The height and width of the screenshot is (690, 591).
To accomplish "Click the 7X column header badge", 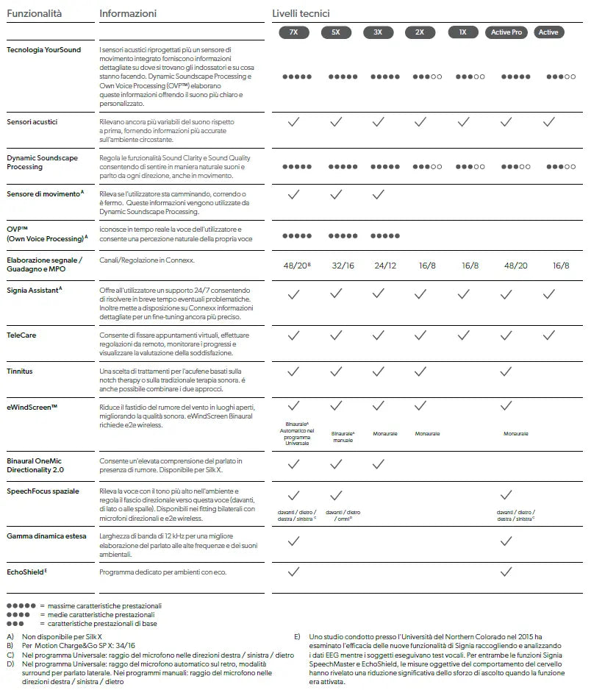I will point(293,32).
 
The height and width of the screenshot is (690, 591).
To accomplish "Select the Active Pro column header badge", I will point(506,32).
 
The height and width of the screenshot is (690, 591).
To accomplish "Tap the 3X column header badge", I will point(378,32).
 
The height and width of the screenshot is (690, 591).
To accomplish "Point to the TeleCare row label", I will point(21,335).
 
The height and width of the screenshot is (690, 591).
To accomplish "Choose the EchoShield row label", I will point(26,571).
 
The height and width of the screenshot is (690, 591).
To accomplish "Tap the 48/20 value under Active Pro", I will point(506,266).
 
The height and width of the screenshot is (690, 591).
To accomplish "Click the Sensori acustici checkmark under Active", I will point(548,122).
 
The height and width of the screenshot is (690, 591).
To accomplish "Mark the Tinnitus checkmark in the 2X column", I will point(420,371).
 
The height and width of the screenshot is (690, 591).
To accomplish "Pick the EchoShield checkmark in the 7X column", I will point(293,571).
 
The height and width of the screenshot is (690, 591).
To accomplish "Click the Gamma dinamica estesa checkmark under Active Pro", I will point(506,541).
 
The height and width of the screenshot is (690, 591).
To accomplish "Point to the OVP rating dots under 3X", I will point(385,235).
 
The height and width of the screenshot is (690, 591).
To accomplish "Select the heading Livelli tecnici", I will point(301,13).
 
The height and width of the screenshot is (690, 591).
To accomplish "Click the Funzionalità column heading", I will point(35,13).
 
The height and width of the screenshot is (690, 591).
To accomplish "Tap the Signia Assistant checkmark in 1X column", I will point(463,294).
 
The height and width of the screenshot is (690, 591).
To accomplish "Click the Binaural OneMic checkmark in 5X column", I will point(336,464).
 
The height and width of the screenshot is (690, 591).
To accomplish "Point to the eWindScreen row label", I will point(32,406).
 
